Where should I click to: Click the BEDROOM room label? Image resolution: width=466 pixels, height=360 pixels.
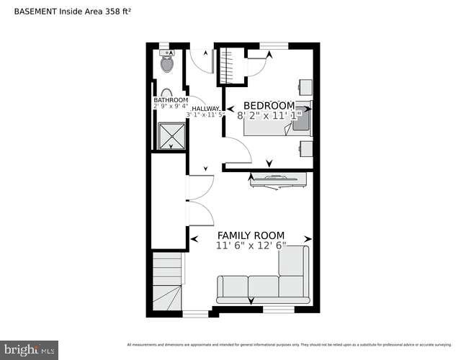[269, 105]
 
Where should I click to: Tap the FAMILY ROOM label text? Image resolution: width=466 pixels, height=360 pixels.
[251, 235]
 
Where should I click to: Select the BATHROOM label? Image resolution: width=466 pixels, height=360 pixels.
[171, 100]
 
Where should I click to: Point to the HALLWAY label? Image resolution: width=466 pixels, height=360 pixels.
[205, 108]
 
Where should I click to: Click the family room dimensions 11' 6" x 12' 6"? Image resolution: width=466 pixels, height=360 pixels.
[251, 246]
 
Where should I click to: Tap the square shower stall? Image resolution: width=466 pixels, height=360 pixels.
[171, 136]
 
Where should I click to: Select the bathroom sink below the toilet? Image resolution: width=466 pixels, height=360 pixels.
[165, 93]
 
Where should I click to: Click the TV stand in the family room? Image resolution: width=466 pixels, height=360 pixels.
[278, 180]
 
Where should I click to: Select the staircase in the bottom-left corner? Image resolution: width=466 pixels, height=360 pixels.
[167, 282]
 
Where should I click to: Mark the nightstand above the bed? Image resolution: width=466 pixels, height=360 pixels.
[305, 87]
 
